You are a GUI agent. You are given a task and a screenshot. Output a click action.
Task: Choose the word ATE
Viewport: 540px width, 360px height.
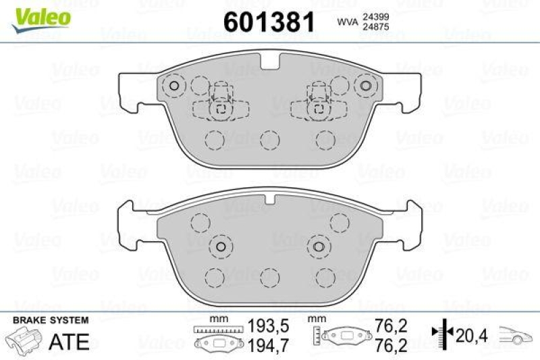tap(70, 342)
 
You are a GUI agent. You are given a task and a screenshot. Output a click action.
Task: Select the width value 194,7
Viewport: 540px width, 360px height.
tap(263, 346)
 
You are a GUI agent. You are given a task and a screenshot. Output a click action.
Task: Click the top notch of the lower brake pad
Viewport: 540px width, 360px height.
tap(270, 197)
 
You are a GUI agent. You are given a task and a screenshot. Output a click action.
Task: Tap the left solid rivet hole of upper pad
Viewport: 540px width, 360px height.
tap(173, 86)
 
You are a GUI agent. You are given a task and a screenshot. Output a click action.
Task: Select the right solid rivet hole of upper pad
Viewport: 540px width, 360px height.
tap(367, 86)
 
